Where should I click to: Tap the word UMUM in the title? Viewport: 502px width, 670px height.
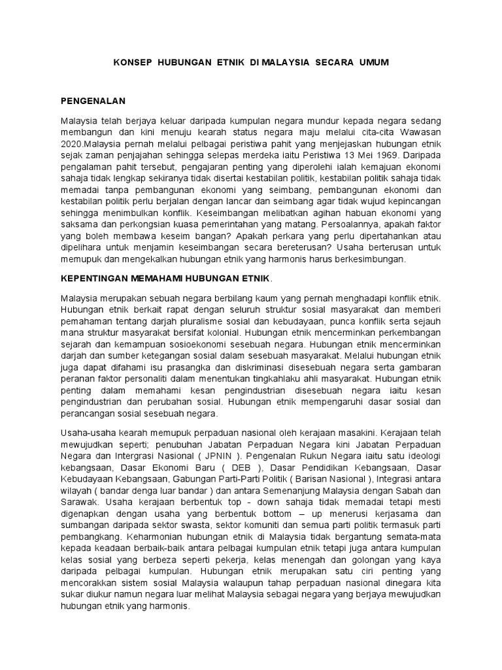[x=373, y=62]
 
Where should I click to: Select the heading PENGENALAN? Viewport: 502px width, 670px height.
[x=92, y=102]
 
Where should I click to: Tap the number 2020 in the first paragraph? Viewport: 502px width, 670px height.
[x=71, y=145]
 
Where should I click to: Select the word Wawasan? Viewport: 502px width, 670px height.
[x=423, y=133]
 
